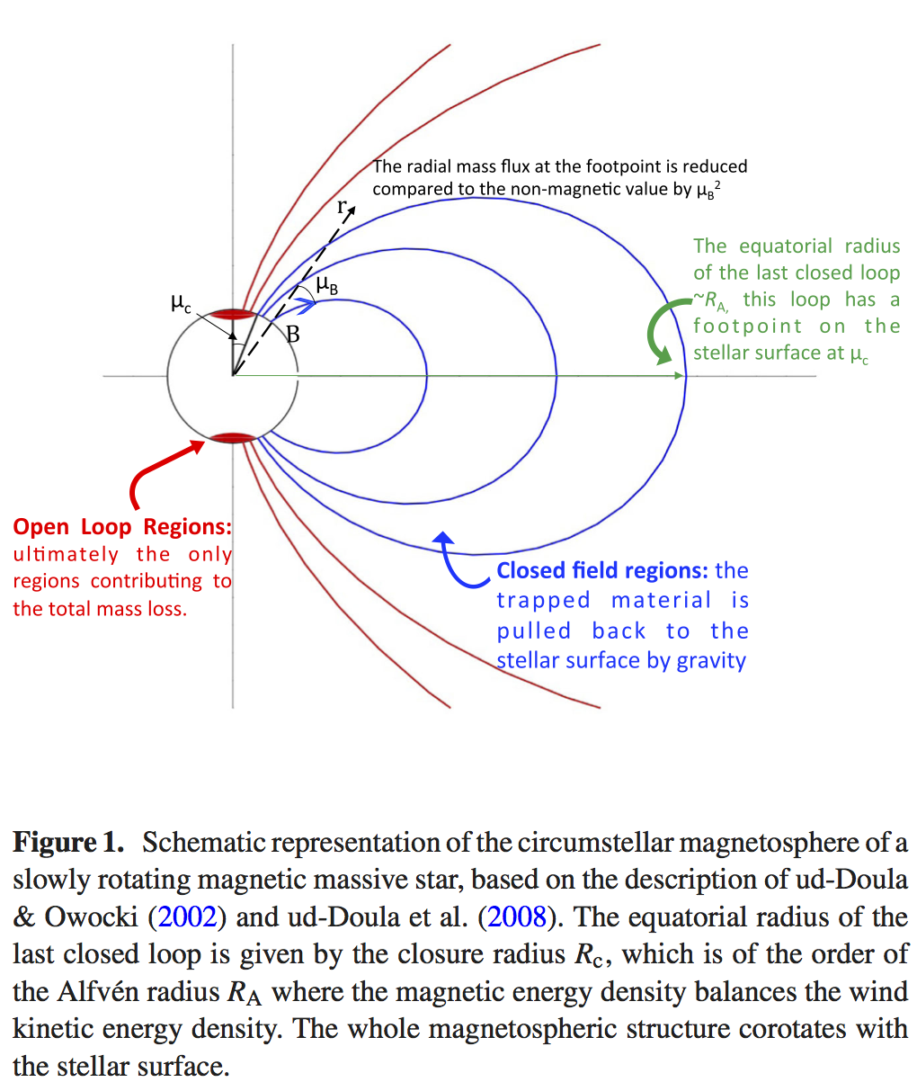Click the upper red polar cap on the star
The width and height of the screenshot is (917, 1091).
[233, 314]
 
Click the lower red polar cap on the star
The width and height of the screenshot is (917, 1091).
[233, 438]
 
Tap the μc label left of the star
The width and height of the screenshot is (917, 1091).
[181, 306]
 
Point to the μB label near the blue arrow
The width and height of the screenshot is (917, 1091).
[327, 287]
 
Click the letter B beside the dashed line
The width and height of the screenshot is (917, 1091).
[292, 335]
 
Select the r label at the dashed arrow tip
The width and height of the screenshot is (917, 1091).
[342, 207]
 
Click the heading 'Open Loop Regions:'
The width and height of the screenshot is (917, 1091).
[122, 527]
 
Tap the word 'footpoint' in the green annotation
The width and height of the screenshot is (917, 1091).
[748, 326]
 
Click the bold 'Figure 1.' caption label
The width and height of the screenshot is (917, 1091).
[68, 843]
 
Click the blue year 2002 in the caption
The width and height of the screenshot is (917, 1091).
[188, 917]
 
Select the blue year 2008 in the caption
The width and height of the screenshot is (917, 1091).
[515, 917]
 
